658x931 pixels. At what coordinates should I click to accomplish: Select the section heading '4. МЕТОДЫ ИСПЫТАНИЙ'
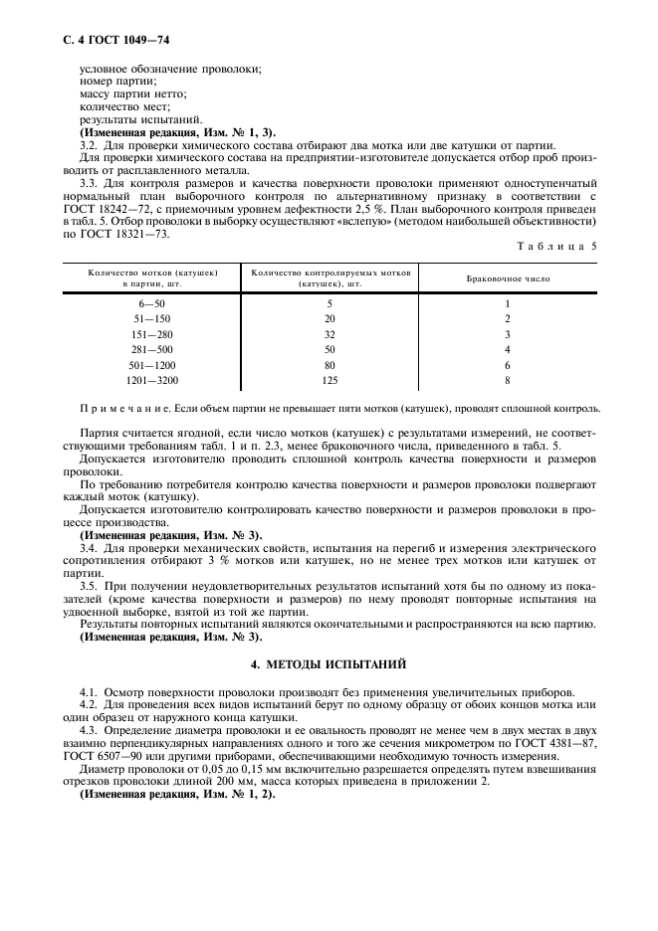coord(328,662)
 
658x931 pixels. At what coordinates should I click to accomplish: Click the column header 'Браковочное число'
coord(508,279)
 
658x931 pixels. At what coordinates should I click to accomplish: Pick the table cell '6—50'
coord(153,303)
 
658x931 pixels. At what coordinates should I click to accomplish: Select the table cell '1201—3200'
coord(153,380)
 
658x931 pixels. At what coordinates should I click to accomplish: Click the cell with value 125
coord(330,380)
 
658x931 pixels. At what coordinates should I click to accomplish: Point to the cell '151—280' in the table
coord(153,334)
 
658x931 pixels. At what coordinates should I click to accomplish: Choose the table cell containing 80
coord(330,365)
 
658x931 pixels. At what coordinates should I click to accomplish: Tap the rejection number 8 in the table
coord(507,380)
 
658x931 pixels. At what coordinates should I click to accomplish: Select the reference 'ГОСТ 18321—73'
coord(123,234)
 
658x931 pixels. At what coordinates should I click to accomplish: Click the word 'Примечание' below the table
coord(112,409)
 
